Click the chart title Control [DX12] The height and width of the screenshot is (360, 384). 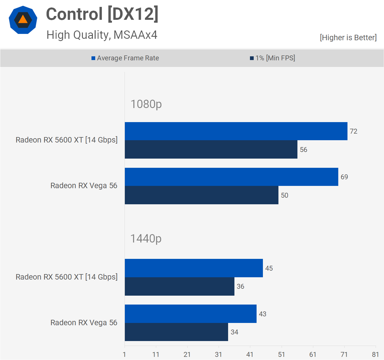(102, 14)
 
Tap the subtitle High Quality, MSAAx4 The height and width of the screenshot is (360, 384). (102, 35)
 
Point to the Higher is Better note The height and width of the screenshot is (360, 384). (348, 38)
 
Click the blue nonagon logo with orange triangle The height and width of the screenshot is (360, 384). (23, 20)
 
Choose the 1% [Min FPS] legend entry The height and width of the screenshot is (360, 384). (272, 58)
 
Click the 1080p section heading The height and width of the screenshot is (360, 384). (146, 104)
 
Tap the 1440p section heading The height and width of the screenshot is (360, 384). (146, 238)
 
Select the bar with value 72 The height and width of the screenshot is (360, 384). (236, 131)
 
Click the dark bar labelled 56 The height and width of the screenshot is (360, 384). (211, 149)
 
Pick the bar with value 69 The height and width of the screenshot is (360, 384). (231, 177)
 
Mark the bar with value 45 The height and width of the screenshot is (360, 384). (194, 268)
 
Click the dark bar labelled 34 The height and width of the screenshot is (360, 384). (176, 332)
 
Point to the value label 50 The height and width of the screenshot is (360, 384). (284, 195)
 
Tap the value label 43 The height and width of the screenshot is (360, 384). (263, 314)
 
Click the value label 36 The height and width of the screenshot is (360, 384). (240, 286)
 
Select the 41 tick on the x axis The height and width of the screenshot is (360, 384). (250, 355)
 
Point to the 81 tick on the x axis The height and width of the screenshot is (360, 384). (375, 355)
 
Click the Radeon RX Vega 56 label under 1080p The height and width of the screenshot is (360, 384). (84, 186)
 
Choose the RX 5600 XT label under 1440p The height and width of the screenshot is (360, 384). (66, 277)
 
